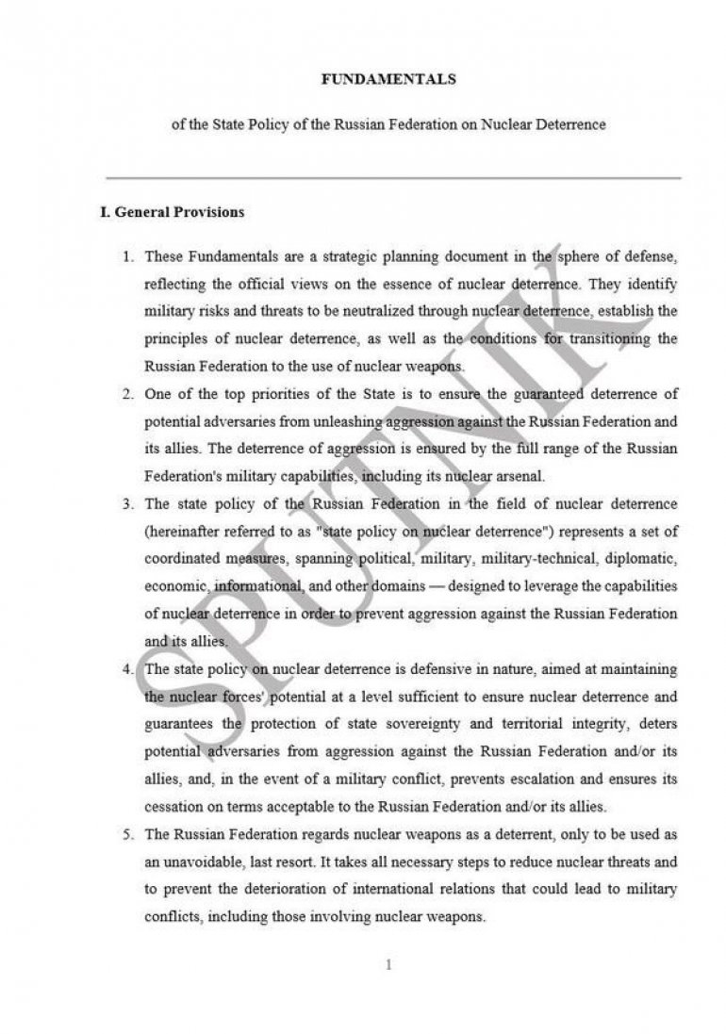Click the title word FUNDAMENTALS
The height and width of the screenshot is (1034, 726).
[388, 80]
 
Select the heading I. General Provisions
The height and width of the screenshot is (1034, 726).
[172, 212]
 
